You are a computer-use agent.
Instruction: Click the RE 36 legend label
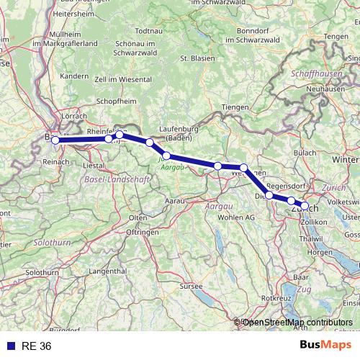pyautogui.click(x=37, y=346)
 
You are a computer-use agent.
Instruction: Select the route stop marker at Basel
pyautogui.click(x=55, y=140)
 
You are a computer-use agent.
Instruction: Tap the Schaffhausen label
pyautogui.click(x=318, y=73)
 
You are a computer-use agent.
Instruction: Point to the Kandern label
pyautogui.click(x=73, y=76)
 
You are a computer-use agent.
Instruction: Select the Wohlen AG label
pyautogui.click(x=240, y=217)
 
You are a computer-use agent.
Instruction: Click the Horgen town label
pyautogui.click(x=319, y=253)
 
